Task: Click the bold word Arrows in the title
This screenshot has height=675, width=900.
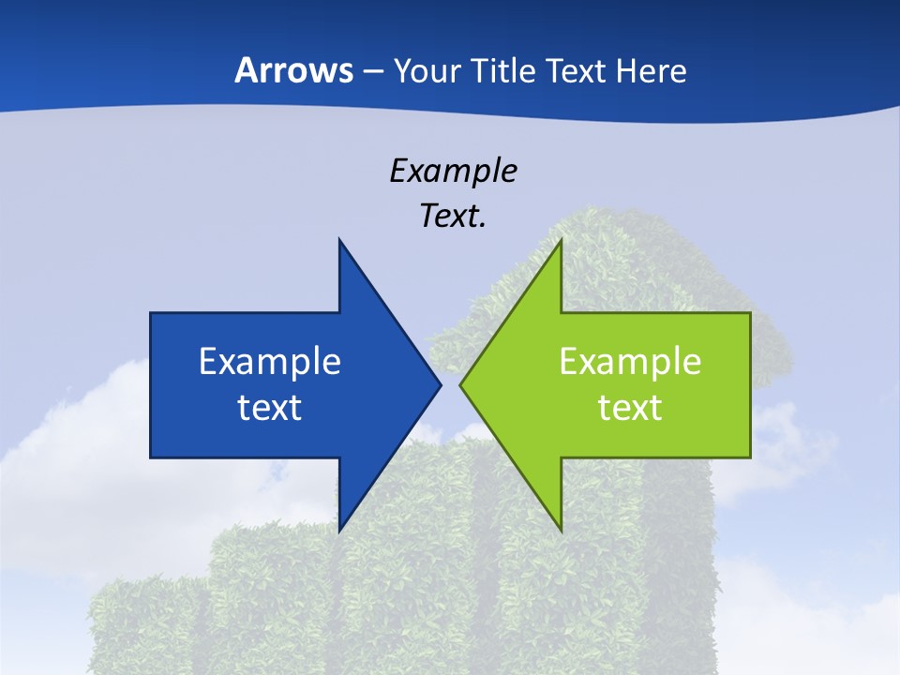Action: (x=294, y=70)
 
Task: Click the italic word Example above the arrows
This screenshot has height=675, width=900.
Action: (x=453, y=171)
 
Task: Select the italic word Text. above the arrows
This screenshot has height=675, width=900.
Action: (x=453, y=216)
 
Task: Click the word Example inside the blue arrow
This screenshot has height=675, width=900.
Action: (x=270, y=361)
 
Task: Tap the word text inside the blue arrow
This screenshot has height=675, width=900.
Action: (x=270, y=407)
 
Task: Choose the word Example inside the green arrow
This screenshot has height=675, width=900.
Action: (x=630, y=361)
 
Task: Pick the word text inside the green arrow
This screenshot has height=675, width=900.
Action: (x=630, y=407)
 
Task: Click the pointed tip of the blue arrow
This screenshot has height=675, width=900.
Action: (x=441, y=384)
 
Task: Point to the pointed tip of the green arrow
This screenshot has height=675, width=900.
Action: (x=460, y=384)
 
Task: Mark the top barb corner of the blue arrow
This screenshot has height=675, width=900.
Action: (x=339, y=240)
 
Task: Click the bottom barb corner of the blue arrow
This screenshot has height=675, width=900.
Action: (x=339, y=531)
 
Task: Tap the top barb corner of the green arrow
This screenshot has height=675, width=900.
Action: (x=561, y=240)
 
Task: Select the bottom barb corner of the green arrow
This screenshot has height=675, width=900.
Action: (x=561, y=531)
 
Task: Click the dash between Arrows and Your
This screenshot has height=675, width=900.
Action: (x=373, y=72)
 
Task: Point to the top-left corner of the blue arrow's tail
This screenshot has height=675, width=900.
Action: (x=151, y=313)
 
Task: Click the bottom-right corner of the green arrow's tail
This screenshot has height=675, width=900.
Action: (x=750, y=457)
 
